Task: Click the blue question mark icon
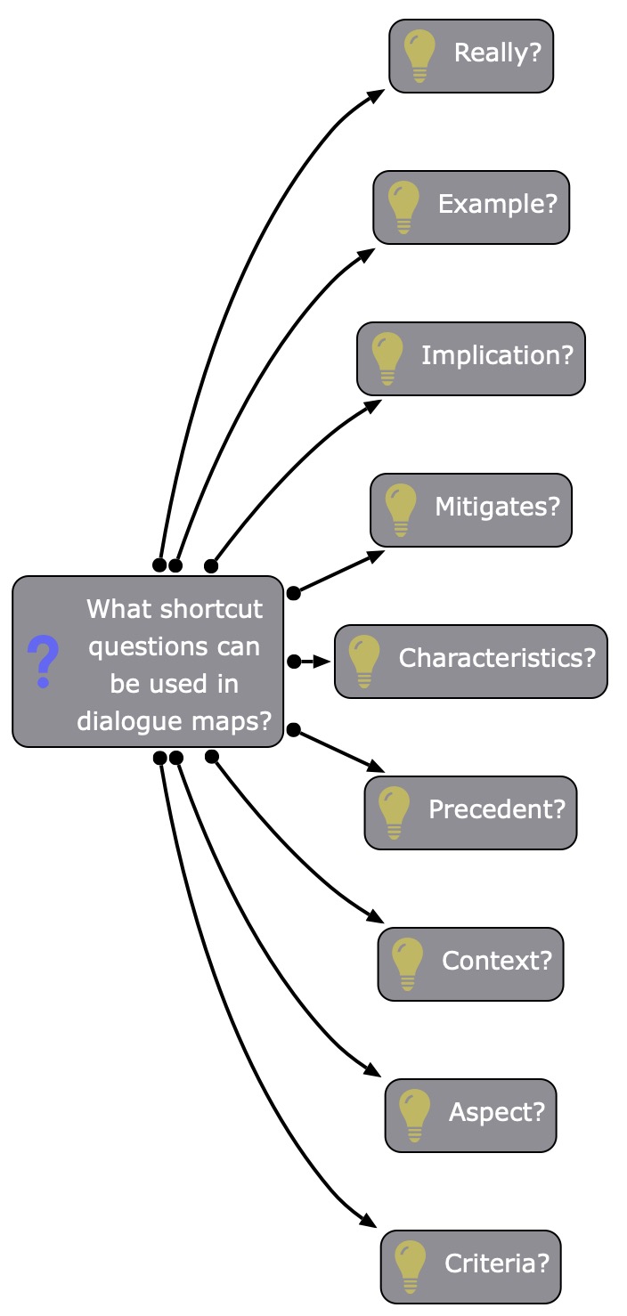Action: [43, 661]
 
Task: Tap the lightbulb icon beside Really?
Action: [419, 55]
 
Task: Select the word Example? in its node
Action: [497, 205]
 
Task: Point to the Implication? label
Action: [497, 356]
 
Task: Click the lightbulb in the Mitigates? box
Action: [401, 509]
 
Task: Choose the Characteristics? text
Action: [497, 659]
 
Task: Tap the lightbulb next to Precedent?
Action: [395, 812]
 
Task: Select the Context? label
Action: [497, 962]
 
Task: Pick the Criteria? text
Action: [497, 1264]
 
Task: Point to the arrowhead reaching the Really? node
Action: [377, 94]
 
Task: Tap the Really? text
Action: [497, 53]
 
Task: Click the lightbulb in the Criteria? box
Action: [411, 1266]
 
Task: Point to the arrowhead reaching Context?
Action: [376, 919]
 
